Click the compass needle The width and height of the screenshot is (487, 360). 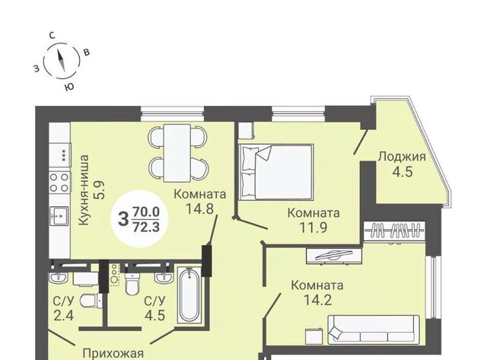(62, 60)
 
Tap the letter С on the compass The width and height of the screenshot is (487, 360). (53, 36)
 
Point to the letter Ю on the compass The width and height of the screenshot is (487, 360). (69, 87)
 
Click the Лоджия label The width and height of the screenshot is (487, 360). (402, 157)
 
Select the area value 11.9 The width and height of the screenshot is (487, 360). (313, 228)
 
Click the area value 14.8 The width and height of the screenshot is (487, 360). (199, 209)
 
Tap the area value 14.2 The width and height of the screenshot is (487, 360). (317, 300)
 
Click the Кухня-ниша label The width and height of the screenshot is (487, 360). (84, 190)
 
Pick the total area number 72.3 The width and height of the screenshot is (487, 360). (146, 227)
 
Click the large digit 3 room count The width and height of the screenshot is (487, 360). (123, 218)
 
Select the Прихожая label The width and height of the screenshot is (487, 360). (113, 354)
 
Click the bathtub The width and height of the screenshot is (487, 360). (189, 295)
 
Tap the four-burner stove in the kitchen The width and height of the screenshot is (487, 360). (59, 183)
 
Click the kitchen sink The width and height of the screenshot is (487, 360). (59, 215)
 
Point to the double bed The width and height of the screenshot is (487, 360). (275, 172)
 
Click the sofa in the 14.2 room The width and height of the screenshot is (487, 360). (374, 330)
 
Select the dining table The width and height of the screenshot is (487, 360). (177, 153)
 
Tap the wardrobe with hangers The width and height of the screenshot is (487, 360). (394, 231)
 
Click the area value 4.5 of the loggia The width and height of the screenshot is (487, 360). (402, 171)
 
